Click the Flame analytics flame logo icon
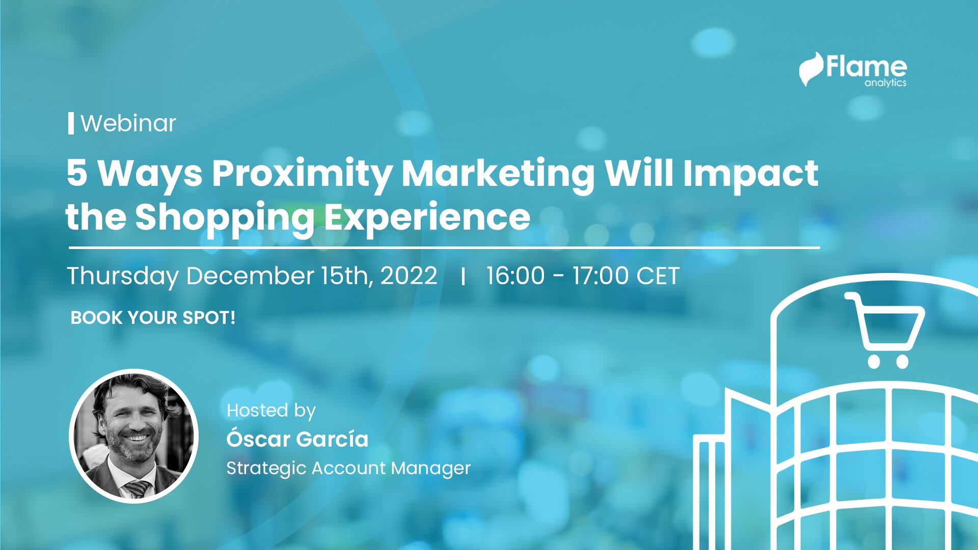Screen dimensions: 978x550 point(810,69)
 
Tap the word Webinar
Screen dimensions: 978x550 point(128,123)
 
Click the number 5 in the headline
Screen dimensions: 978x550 point(77,173)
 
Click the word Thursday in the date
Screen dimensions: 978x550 point(123,276)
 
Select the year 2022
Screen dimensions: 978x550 point(409,276)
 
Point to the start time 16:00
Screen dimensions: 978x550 point(515,276)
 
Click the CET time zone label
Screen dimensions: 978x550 point(658,276)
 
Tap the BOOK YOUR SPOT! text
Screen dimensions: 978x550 point(153,318)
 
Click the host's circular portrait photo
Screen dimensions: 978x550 point(133,436)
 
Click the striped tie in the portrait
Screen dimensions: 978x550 point(138,488)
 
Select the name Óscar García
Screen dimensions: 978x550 point(297,438)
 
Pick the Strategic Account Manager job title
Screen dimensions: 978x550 point(348,468)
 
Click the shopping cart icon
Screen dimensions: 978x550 point(885,330)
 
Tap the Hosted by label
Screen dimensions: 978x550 point(271,410)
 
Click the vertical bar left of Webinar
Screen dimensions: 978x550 point(71,123)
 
